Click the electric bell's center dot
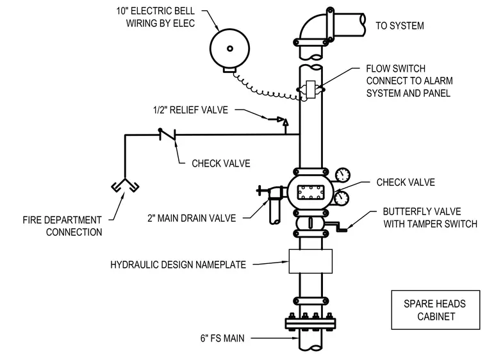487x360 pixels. tap(230, 49)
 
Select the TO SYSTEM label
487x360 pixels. tap(400, 26)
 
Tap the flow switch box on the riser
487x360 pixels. tap(311, 90)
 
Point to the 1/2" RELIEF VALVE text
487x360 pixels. tap(190, 110)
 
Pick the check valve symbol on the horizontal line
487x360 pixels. tap(167, 135)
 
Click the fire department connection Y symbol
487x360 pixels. tap(125, 185)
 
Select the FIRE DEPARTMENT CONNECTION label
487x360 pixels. tap(62, 226)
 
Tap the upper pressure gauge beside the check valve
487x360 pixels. tap(343, 175)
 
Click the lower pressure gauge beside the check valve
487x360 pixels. tap(342, 197)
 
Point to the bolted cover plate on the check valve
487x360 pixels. tap(311, 193)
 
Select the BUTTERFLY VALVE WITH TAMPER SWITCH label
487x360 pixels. tap(430, 218)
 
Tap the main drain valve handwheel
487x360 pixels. tap(260, 190)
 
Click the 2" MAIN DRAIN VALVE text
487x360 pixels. tap(192, 218)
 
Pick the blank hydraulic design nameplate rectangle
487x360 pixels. tap(311, 261)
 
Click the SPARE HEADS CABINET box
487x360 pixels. tap(436, 309)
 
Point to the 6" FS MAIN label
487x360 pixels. tap(222, 338)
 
